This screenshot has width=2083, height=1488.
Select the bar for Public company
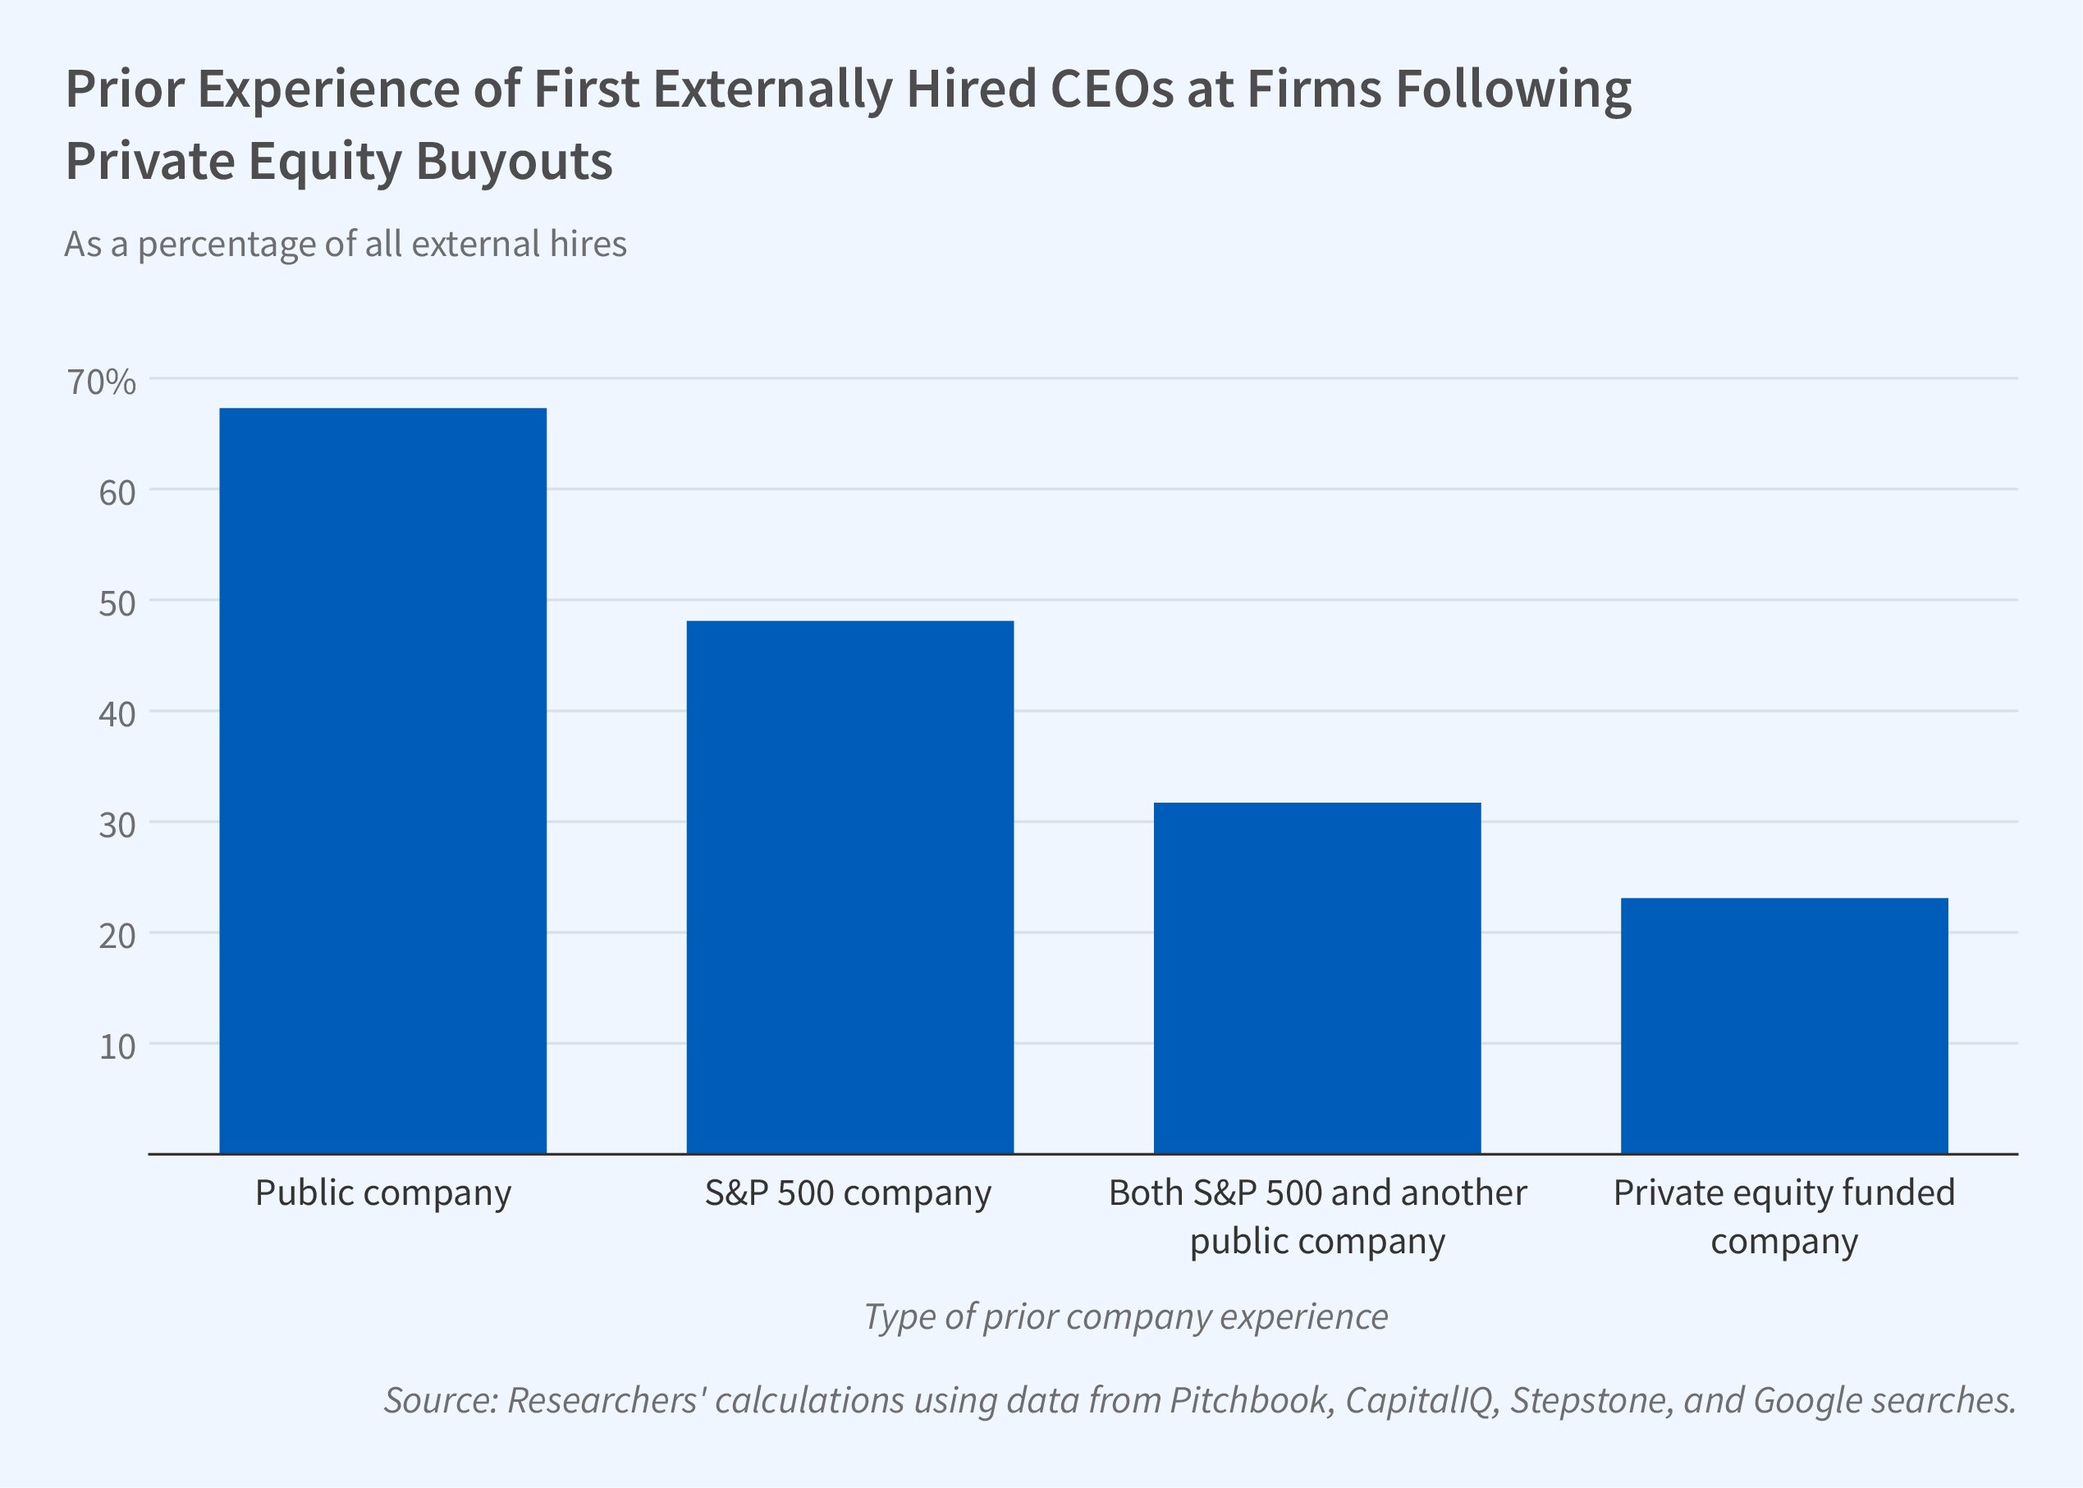click(383, 781)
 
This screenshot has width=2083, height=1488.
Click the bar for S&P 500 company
click(850, 887)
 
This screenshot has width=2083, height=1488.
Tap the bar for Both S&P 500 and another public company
click(1317, 978)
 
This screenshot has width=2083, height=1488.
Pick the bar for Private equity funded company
click(1784, 1025)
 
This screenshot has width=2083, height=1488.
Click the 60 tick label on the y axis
click(117, 493)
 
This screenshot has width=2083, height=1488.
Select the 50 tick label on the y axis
click(117, 604)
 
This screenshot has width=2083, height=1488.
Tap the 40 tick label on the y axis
click(117, 715)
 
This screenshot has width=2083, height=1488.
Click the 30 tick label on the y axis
click(117, 826)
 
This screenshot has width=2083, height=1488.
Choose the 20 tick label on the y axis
click(117, 936)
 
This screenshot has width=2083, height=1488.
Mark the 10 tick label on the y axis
click(117, 1047)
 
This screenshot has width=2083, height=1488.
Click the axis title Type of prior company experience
click(1126, 1316)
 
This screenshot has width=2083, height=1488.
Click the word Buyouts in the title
click(514, 161)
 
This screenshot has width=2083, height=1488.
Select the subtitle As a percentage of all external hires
click(346, 244)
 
